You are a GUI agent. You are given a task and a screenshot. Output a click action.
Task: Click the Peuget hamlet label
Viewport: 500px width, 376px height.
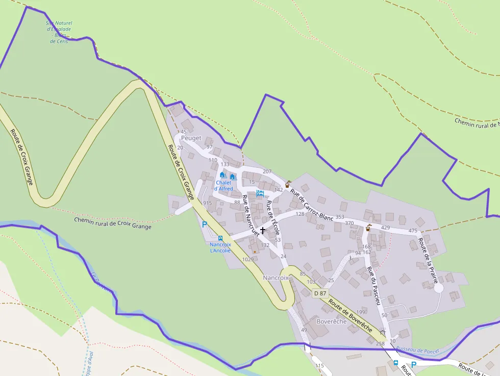[191, 138]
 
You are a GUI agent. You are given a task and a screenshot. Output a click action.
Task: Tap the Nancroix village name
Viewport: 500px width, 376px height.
[276, 278]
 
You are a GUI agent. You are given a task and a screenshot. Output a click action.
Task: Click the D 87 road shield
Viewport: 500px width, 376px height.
[319, 293]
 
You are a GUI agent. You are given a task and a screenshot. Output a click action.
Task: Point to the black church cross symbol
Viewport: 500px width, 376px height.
[263, 231]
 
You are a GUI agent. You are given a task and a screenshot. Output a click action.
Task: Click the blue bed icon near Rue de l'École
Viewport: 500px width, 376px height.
[260, 193]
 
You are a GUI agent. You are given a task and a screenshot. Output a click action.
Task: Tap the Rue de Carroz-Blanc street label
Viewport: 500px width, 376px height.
[311, 205]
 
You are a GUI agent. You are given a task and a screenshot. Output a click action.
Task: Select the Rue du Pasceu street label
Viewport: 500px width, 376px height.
[374, 286]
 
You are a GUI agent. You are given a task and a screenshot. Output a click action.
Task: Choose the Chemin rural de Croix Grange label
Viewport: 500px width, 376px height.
[113, 223]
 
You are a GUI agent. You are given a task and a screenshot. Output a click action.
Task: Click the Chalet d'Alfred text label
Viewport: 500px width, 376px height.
[224, 186]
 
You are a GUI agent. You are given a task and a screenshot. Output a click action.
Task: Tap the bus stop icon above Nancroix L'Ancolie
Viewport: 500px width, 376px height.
[220, 238]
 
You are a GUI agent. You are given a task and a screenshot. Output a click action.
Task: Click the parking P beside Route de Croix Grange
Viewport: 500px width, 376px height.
[205, 224]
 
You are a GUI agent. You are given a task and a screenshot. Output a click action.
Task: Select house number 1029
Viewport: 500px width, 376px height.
[248, 259]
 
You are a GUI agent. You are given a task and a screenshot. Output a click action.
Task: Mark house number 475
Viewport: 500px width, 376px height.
[413, 231]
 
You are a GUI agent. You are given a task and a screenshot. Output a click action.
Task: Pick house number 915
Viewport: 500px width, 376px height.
[207, 203]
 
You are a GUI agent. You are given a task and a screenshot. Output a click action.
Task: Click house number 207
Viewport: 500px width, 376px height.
[267, 171]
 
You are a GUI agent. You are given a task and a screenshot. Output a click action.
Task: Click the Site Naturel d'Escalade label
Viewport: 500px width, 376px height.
[60, 32]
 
